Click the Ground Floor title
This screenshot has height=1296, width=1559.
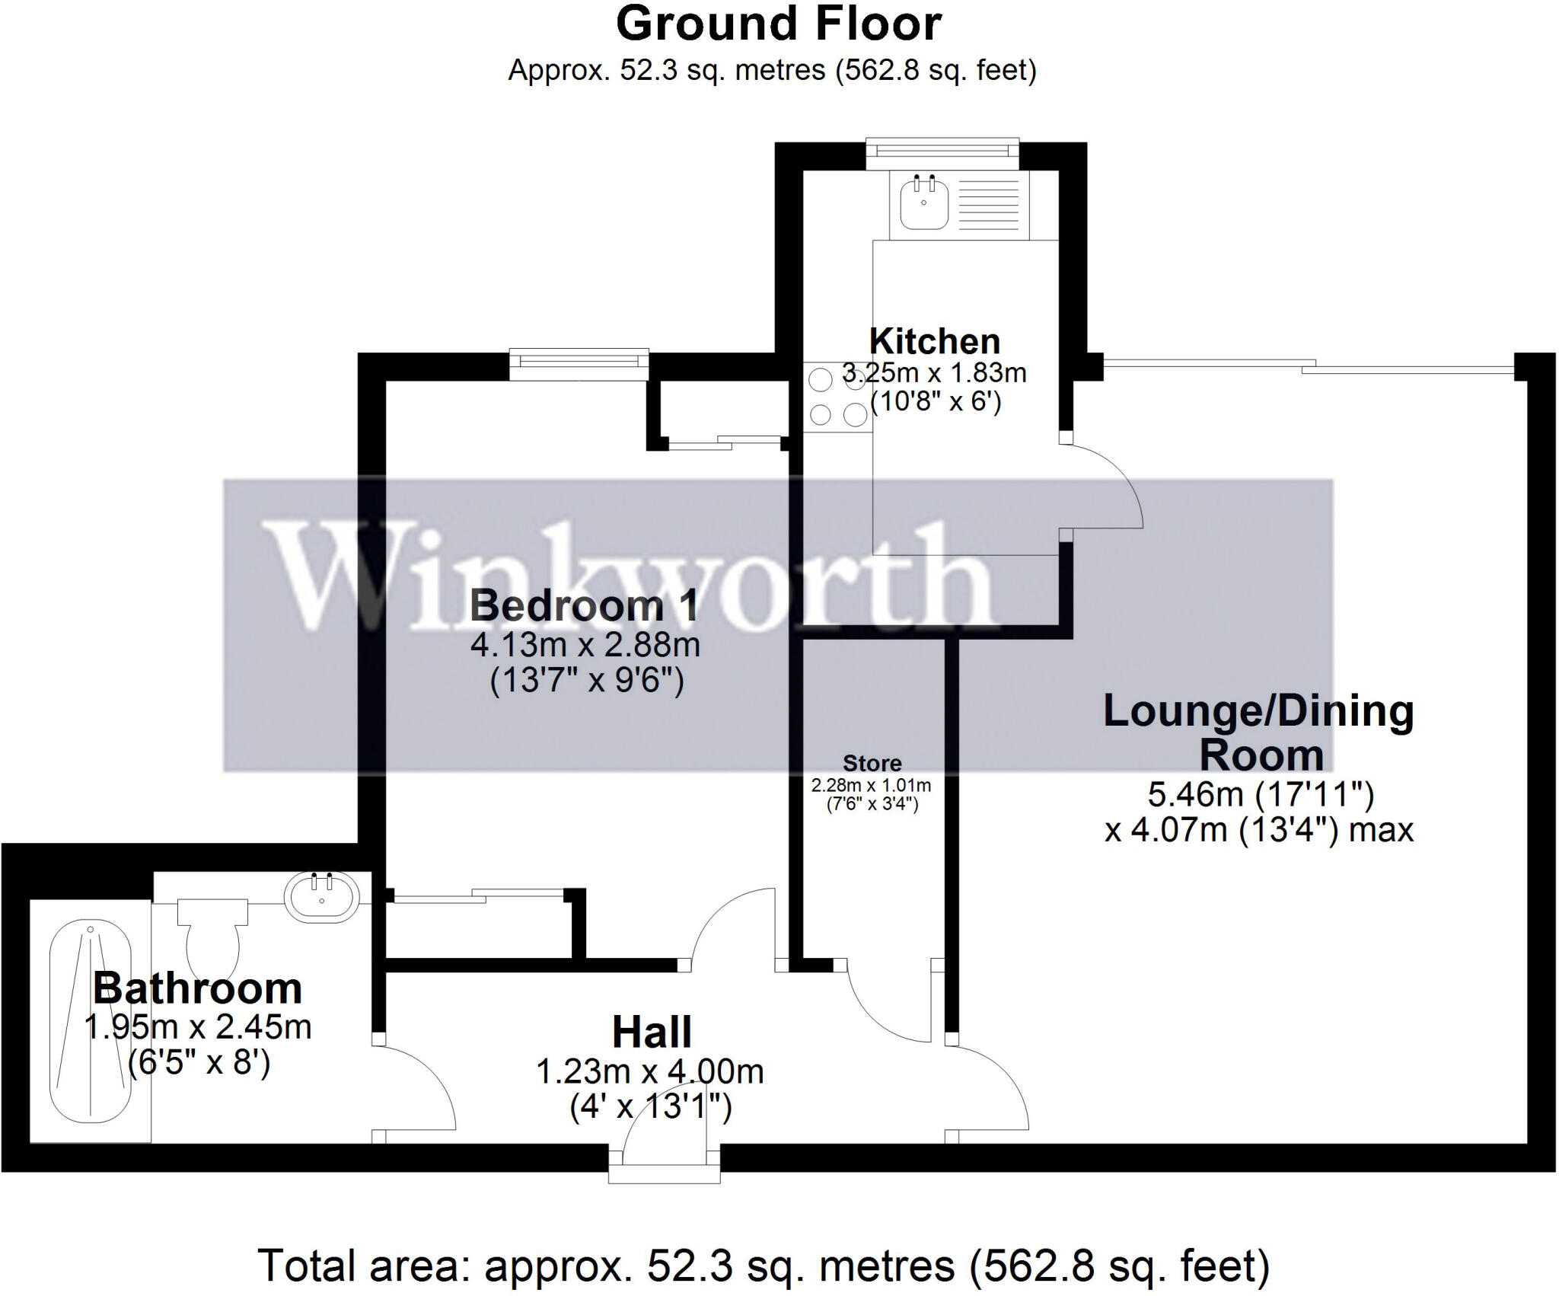pos(778,24)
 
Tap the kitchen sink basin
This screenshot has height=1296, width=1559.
pos(923,202)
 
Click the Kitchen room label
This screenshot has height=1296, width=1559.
pos(934,341)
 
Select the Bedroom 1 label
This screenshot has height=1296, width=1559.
pos(584,606)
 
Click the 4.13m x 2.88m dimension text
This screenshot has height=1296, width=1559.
pos(585,646)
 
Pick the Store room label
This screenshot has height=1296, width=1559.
pos(872,763)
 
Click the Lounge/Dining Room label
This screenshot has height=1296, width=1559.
pos(1258,733)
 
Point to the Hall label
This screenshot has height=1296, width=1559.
pos(652,1033)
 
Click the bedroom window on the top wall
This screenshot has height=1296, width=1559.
pos(579,363)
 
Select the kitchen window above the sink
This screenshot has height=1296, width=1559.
pos(942,152)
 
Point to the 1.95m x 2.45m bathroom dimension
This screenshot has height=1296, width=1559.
pos(197,1028)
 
